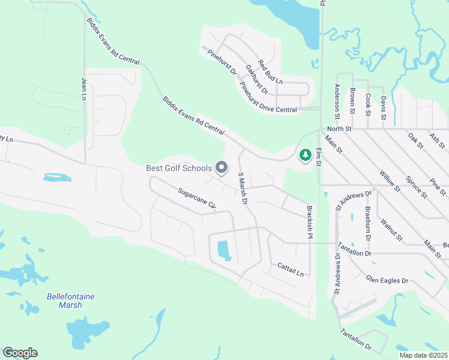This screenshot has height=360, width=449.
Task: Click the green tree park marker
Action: pos(306,155)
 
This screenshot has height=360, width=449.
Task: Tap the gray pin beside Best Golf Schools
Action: pos(221,168)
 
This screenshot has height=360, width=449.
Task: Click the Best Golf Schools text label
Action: pos(179,168)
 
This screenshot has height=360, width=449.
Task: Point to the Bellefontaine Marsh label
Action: pos(71,301)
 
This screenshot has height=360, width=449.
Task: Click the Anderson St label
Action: pos(337,98)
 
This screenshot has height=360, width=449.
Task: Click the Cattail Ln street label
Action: pos(291,269)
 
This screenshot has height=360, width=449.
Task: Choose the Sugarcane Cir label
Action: pos(196,197)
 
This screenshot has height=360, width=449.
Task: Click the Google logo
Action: pos(20,353)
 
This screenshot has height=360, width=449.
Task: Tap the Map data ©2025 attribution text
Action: pos(423,355)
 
